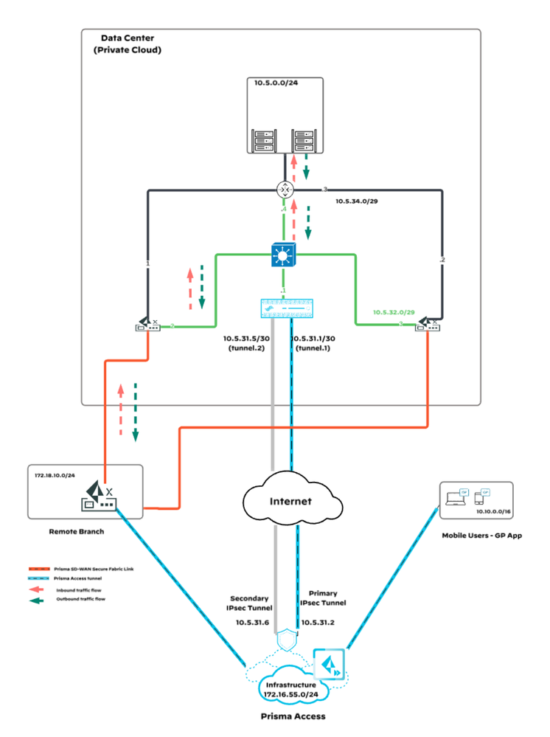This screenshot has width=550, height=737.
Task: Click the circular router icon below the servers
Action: (x=285, y=190)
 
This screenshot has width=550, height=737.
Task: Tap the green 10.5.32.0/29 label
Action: (x=394, y=313)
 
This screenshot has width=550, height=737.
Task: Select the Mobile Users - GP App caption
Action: (x=481, y=536)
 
